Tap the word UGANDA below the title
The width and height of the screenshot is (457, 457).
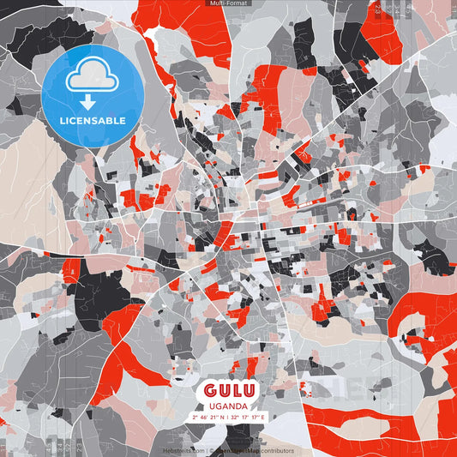pos(228,406)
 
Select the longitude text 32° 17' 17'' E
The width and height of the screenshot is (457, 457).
pos(249,417)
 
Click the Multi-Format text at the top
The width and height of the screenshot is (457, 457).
pos(227,3)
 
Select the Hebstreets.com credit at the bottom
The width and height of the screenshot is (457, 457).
pos(184,450)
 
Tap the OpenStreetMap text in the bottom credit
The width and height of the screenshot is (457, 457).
pos(235,450)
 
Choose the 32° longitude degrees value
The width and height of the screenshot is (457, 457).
pos(235,417)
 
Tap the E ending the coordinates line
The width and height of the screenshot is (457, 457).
pos(264,417)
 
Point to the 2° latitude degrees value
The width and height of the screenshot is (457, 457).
pos(194,417)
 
